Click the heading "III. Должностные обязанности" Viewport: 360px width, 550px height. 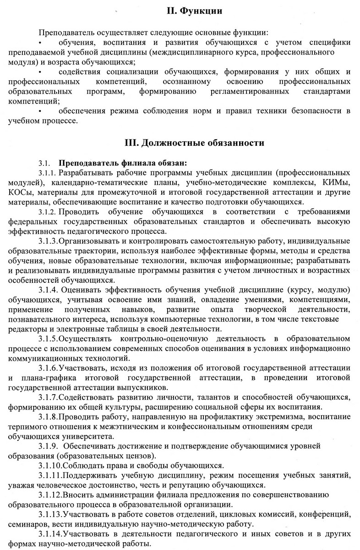[194, 143]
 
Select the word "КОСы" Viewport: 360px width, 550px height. [20, 192]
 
